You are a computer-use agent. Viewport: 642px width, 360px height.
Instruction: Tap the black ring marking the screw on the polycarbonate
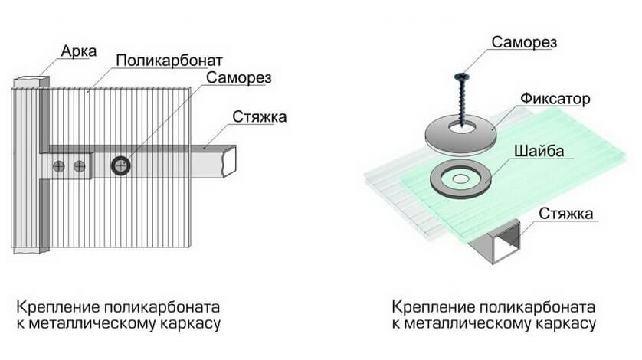(x=121, y=164)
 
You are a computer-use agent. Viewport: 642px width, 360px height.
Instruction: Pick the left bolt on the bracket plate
(x=61, y=165)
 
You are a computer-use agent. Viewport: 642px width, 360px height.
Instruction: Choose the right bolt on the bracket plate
(x=78, y=165)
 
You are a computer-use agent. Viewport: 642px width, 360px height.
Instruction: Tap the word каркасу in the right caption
(x=565, y=324)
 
